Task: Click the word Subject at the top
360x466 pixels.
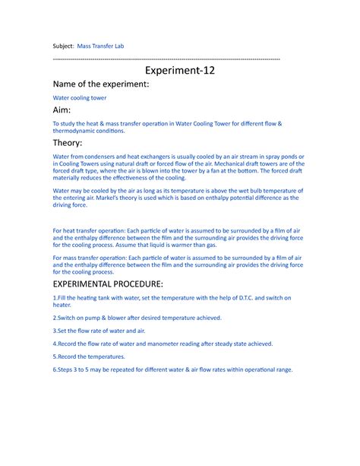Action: [x=66, y=46]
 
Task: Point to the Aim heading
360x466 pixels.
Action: [x=63, y=111]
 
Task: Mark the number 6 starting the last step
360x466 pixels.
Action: [x=53, y=369]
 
